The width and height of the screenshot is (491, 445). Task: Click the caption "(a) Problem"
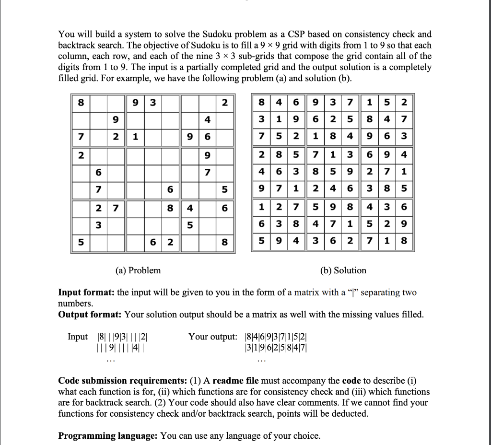pyautogui.click(x=138, y=270)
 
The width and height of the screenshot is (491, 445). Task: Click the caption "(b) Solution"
pyautogui.click(x=343, y=270)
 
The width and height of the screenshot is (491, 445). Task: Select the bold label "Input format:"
pyautogui.click(x=86, y=293)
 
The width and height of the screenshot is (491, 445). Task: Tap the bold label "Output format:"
pyautogui.click(x=90, y=315)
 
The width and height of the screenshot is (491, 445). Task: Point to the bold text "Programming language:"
pyautogui.click(x=108, y=436)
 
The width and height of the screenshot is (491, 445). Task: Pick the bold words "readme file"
pyautogui.click(x=235, y=381)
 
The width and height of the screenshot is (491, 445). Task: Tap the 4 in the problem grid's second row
pyautogui.click(x=207, y=119)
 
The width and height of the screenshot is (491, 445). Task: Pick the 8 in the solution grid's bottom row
pyautogui.click(x=403, y=243)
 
